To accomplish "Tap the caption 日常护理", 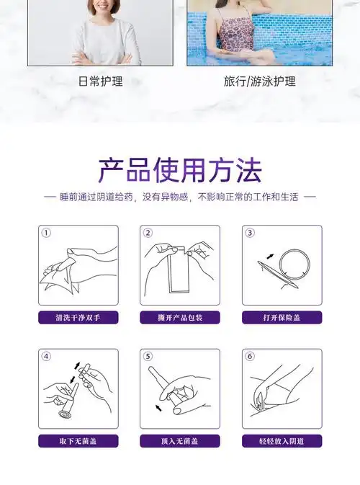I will click(x=100, y=81).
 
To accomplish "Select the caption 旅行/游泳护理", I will click(x=259, y=81).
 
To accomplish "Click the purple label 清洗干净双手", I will click(x=78, y=317).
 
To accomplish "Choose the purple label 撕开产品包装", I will click(x=179, y=317).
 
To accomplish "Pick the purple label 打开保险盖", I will click(x=282, y=317).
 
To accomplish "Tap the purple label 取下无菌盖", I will click(x=78, y=441).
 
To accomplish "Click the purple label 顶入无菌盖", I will click(x=179, y=441).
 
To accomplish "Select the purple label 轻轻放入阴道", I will click(x=282, y=441).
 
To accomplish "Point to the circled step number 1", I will click(x=46, y=233).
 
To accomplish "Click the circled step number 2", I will click(x=148, y=233).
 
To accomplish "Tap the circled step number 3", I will click(x=250, y=233).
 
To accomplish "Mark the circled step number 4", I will click(x=46, y=356).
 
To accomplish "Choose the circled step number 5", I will click(x=148, y=356).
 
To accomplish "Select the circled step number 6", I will click(x=250, y=356).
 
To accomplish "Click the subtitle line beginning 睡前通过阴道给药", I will click(x=179, y=197).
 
